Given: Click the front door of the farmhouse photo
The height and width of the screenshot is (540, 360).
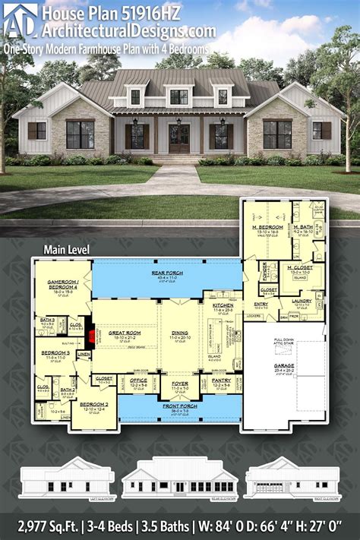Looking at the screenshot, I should click(180, 137).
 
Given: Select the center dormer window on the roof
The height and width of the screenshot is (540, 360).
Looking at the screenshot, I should click(179, 96).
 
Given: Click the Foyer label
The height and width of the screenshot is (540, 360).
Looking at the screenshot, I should click(180, 383).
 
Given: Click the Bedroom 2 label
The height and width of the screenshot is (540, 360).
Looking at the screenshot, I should click(93, 406).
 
